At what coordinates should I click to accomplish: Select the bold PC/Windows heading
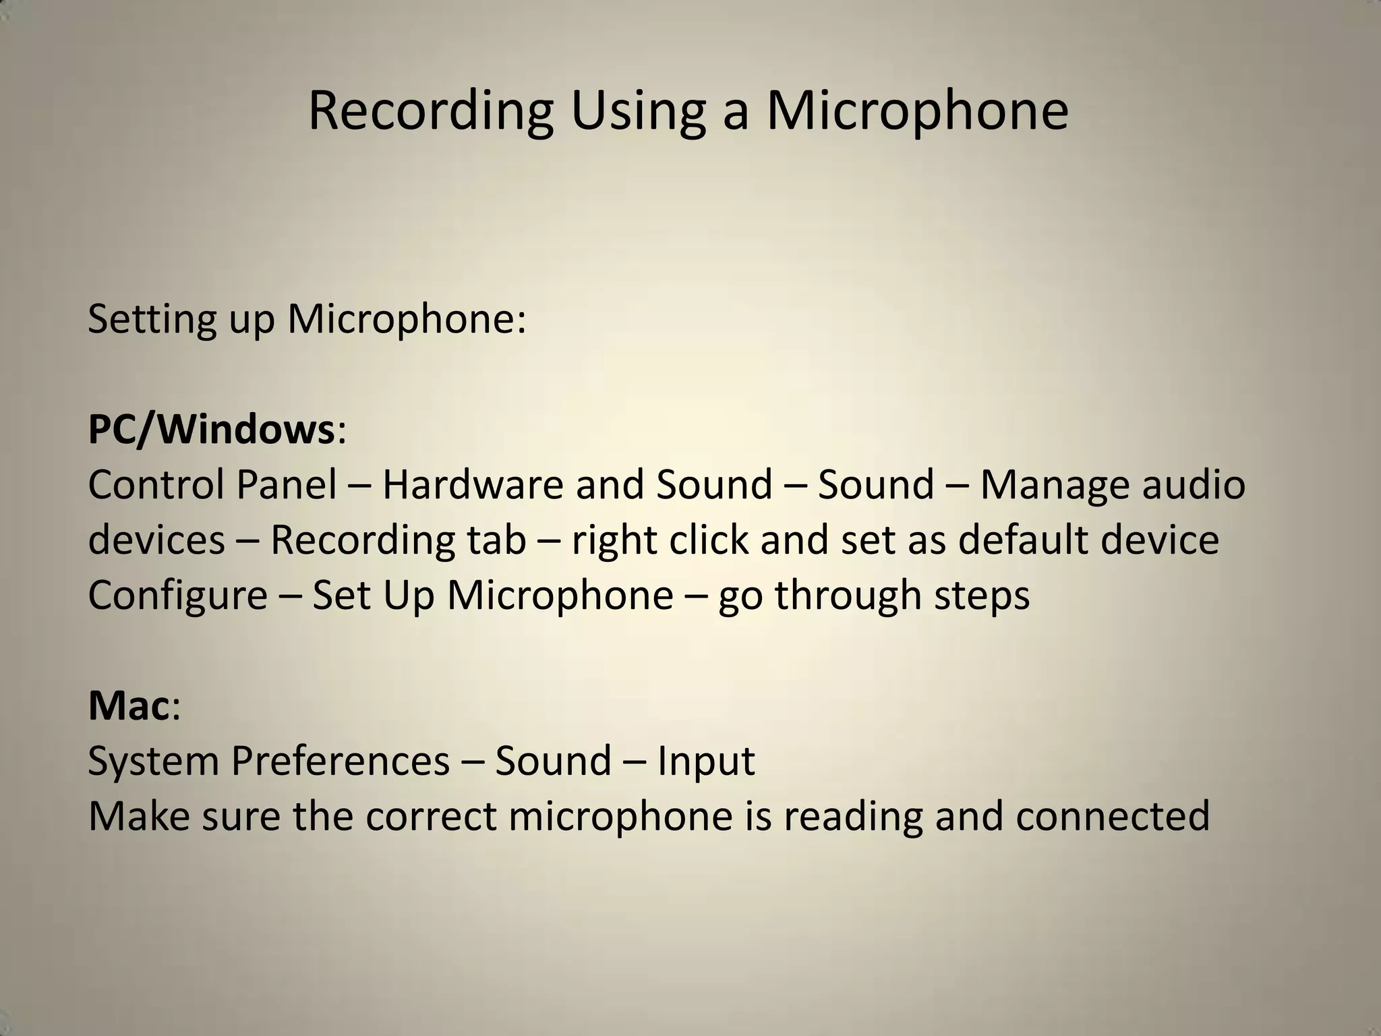pyautogui.click(x=211, y=430)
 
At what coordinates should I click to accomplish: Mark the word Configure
pyautogui.click(x=177, y=596)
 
